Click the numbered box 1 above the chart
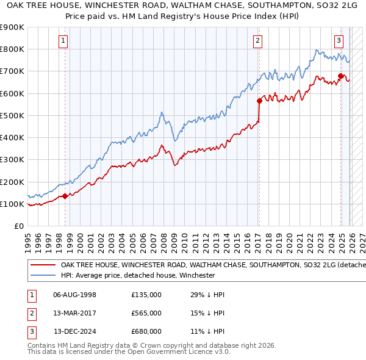tap(64, 41)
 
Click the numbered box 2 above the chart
tap(258, 41)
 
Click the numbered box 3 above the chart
tap(339, 41)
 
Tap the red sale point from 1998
tap(65, 196)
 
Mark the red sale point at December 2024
tap(340, 76)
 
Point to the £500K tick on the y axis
tap(12, 115)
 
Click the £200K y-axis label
tap(12, 182)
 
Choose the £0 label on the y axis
tap(18, 226)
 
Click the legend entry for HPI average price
tap(138, 275)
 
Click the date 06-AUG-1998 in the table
tap(75, 295)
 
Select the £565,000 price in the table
tap(146, 313)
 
